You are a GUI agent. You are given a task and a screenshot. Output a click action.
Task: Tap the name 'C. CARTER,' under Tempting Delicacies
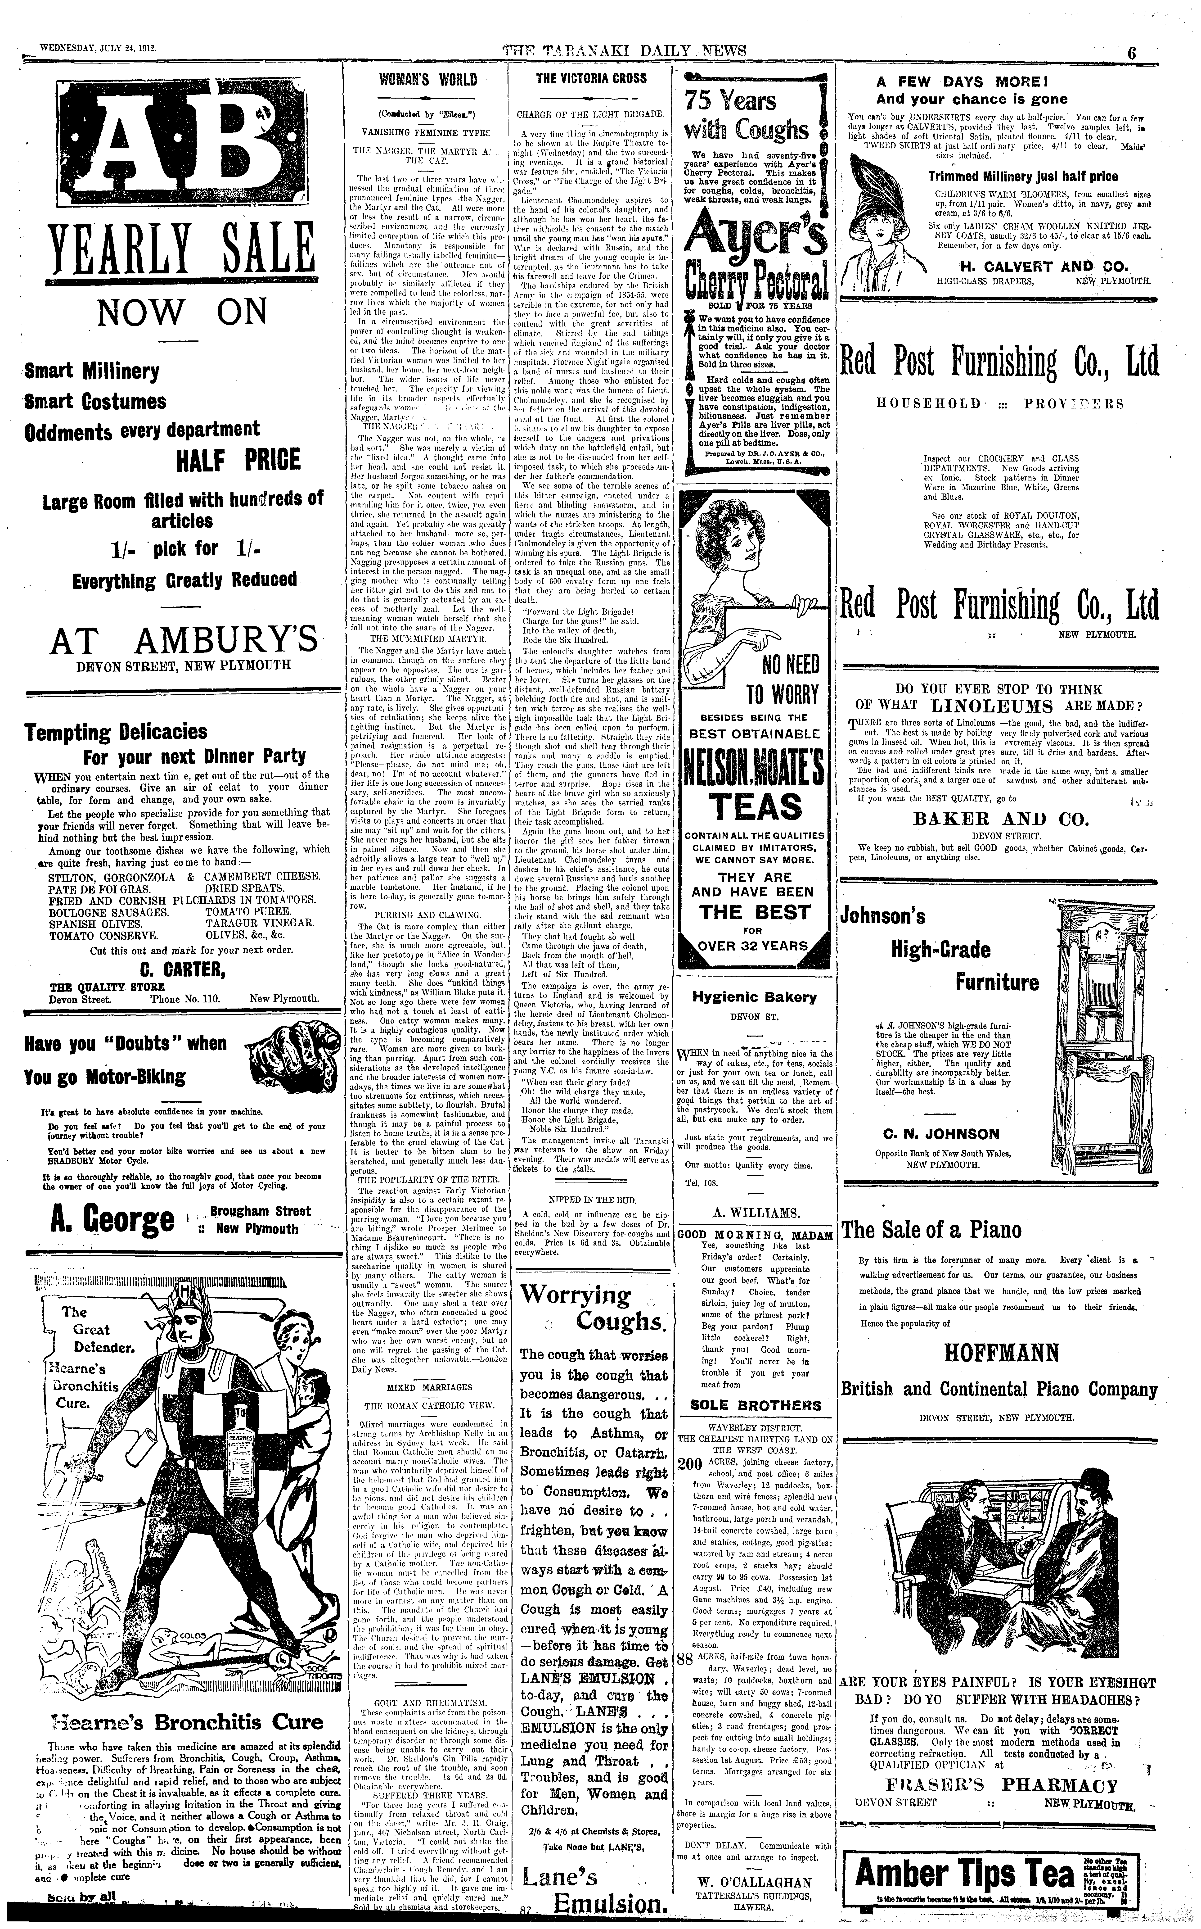coord(171,968)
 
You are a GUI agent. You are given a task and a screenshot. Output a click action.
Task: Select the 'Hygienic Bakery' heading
coord(754,997)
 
